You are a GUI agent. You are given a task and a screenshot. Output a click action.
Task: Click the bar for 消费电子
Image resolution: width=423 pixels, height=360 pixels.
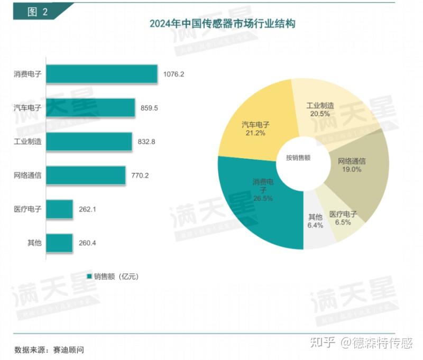coord(102,74)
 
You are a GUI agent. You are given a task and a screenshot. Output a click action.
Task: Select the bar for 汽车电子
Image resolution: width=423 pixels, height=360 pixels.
coord(90,108)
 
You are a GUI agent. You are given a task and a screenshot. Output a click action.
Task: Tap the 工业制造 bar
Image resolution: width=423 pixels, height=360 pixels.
coord(89,141)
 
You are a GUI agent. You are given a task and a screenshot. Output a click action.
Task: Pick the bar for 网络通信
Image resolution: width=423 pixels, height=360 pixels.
coord(86,175)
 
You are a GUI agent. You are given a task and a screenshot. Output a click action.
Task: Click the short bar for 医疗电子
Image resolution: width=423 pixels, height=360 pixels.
coord(59,209)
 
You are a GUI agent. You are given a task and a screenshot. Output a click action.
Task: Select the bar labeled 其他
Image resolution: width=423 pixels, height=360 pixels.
coord(59,243)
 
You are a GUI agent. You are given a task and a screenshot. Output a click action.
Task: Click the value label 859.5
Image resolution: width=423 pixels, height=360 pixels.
coord(149,108)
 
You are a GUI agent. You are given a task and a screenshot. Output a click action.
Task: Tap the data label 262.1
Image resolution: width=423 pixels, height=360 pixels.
coord(87,209)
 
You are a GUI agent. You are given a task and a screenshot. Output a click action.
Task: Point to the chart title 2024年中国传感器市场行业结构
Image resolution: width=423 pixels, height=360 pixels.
coord(222,24)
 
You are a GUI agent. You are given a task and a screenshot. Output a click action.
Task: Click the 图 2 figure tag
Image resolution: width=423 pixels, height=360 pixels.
coord(36,12)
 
